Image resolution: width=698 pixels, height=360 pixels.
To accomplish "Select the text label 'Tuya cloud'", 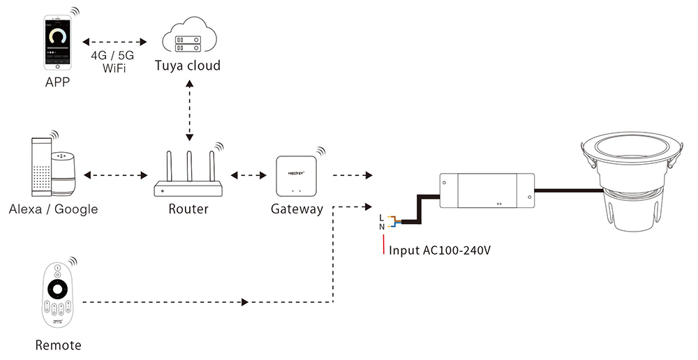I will [187, 66].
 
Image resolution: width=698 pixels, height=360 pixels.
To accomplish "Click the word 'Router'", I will [188, 209].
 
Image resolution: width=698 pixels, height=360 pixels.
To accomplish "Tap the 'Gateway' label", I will [297, 209].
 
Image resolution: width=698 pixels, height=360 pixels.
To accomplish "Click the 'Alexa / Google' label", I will [54, 209].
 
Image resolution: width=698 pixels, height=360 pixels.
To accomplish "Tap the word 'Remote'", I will [58, 345].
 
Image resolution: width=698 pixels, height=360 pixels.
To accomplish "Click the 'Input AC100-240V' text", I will [440, 250].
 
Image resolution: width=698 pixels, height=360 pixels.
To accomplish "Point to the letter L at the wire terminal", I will [381, 217].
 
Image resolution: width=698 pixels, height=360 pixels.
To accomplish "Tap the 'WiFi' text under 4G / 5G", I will [113, 69].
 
